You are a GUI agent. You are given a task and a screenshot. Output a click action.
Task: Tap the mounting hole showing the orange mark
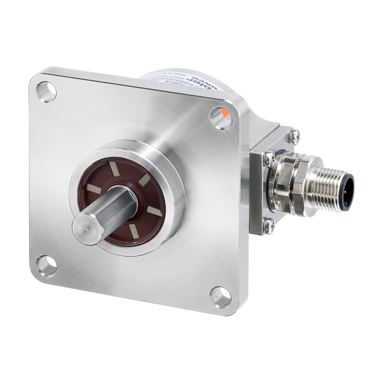pos(221,117)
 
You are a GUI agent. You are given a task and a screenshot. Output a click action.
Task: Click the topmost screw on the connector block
pos(295,136)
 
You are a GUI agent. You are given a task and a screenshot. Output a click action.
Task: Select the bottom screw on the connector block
pos(269,223)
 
